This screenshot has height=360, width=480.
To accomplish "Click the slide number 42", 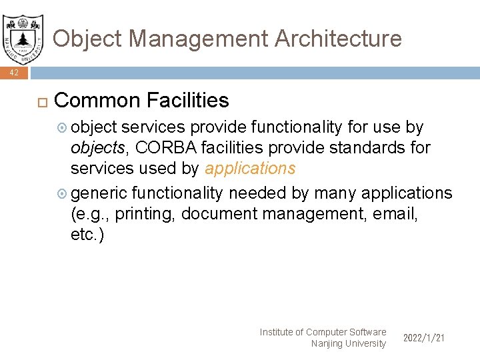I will (x=14, y=73).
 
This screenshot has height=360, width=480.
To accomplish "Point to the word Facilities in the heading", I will (x=187, y=101).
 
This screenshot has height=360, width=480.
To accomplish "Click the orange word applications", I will (x=250, y=169).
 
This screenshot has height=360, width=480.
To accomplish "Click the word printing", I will (x=144, y=215).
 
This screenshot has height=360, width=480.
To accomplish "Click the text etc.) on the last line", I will (x=87, y=235).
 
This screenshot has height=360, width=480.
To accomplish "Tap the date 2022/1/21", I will (x=424, y=339).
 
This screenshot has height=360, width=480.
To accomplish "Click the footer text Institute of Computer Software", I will (x=323, y=332).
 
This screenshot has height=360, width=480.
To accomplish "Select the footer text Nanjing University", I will (x=348, y=344).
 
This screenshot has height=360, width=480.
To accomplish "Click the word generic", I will (x=99, y=194).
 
